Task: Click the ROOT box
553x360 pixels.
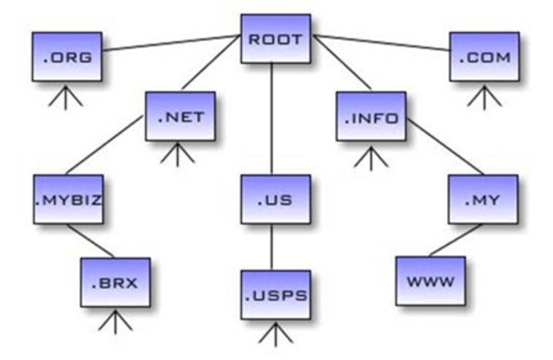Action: click(x=275, y=40)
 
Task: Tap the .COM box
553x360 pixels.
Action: click(x=484, y=58)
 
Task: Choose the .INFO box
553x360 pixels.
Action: click(x=370, y=117)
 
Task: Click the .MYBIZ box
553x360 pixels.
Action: click(x=67, y=199)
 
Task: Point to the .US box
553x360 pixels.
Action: click(x=275, y=200)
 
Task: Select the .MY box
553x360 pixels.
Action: click(x=483, y=200)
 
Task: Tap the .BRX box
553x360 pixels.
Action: click(x=116, y=281)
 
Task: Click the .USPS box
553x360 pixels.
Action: click(x=275, y=294)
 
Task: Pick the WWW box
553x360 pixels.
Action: click(x=429, y=281)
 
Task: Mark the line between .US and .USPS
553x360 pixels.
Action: click(x=273, y=247)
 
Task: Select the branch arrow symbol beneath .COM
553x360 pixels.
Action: click(x=484, y=98)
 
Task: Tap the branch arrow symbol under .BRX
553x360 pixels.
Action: click(x=116, y=322)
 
